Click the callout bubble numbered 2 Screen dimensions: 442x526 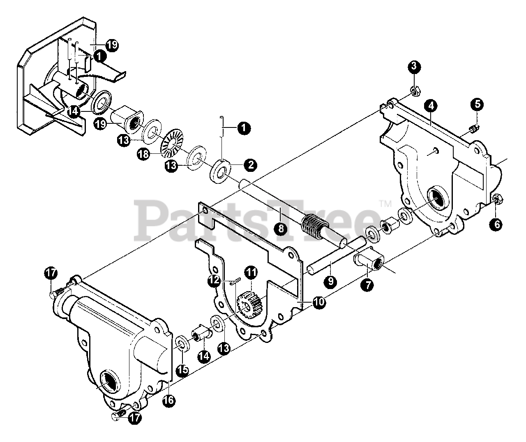250,165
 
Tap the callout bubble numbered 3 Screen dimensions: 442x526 414,66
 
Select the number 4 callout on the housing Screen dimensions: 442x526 430,105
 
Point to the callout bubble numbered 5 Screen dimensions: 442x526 477,104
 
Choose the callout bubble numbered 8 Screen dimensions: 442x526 280,229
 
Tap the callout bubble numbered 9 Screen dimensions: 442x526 330,281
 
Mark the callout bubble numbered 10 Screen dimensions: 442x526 318,302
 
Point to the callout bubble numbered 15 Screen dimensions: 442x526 182,370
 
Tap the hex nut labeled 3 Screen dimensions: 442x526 415,91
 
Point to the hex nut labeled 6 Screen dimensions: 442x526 496,200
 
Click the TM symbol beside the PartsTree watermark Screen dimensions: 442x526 385,203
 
